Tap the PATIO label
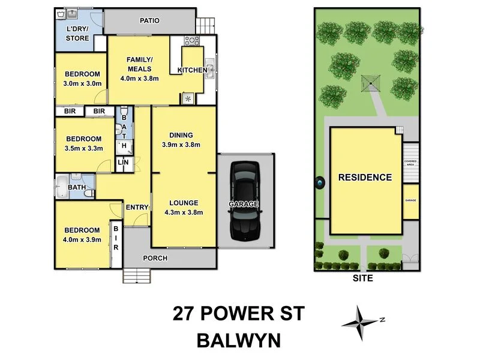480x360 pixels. pos(149,20)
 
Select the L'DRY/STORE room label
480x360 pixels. pos(77,34)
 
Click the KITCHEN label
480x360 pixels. pos(192,71)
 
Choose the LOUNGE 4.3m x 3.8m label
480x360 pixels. pos(183,207)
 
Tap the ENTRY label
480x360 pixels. pos(137,208)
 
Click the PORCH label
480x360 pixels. pos(155,258)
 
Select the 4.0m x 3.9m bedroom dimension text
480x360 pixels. pos(82,239)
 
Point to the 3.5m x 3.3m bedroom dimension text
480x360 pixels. pos(83,148)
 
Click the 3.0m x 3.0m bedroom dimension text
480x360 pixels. pos(82,83)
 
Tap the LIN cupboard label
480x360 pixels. pos(123,163)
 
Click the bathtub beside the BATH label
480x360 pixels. pos(62,187)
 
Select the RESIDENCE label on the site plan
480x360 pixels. pos(365,178)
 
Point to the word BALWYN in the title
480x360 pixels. pos(239,341)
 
